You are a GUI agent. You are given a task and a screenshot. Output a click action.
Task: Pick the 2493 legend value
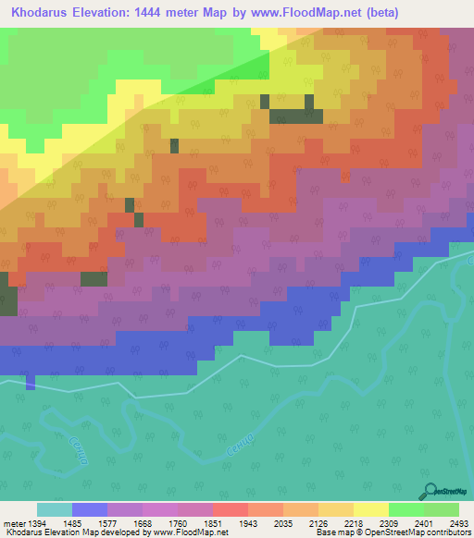point(456,522)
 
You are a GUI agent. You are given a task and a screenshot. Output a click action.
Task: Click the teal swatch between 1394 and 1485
point(54,509)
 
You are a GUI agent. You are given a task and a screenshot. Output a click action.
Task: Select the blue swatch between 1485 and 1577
point(89,509)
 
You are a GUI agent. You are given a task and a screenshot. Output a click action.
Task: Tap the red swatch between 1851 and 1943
point(231,509)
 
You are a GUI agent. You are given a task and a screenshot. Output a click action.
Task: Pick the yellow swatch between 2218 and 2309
point(371,509)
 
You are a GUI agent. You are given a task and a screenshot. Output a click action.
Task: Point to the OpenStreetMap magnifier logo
point(430,492)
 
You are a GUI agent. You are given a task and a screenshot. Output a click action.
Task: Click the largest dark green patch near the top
point(295,116)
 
